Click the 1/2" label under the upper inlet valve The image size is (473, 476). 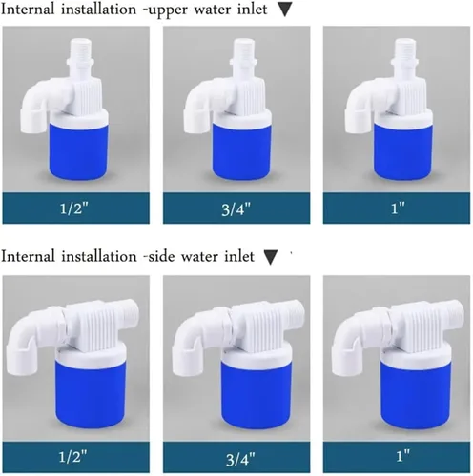(x=73, y=208)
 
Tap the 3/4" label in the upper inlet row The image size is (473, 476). (x=236, y=209)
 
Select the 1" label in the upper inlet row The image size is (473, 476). (x=398, y=208)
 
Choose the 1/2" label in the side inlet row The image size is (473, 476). (x=72, y=457)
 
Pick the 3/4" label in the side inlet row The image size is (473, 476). (x=240, y=459)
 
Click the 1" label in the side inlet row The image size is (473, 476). (x=403, y=456)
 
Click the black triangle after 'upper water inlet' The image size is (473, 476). (x=284, y=10)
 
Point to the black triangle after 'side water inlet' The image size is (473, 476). (x=271, y=257)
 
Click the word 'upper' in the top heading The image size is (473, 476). (x=169, y=10)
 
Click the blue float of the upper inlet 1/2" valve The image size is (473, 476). (x=78, y=150)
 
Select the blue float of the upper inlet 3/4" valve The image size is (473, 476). (x=241, y=151)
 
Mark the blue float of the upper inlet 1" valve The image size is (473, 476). (x=402, y=151)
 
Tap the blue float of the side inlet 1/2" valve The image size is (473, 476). (x=91, y=393)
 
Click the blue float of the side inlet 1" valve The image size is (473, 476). (x=416, y=395)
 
